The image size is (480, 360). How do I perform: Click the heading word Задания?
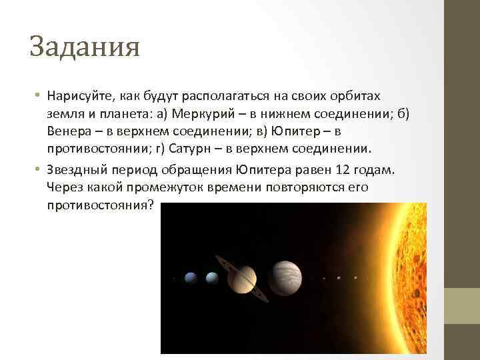(85, 48)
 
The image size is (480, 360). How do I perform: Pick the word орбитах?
(358, 97)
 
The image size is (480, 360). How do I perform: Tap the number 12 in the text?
(338, 170)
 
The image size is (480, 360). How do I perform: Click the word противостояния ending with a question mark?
(101, 204)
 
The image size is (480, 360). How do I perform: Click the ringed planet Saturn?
(245, 277)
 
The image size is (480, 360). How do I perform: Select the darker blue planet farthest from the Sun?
(190, 277)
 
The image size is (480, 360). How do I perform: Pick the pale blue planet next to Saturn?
(212, 277)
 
